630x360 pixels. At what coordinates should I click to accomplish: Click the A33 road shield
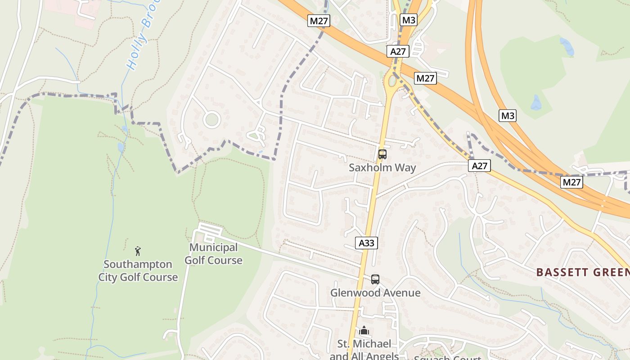tap(367, 243)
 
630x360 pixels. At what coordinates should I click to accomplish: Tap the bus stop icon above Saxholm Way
tap(382, 154)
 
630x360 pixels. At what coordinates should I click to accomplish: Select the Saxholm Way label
tap(382, 168)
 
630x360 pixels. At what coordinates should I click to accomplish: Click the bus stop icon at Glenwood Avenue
tap(375, 279)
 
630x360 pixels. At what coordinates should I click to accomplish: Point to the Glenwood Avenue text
tap(375, 293)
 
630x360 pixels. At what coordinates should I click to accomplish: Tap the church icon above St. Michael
tap(364, 331)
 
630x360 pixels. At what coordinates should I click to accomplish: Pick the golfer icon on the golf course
tap(138, 251)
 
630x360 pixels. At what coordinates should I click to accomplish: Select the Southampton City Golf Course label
tap(138, 270)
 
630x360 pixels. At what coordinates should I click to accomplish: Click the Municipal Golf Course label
tap(213, 254)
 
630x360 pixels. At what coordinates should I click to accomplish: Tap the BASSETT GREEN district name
tap(583, 272)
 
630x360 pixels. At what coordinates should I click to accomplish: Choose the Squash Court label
tap(447, 358)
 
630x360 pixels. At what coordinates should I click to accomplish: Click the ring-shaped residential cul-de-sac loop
tap(211, 120)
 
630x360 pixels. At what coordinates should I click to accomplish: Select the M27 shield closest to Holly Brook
tap(319, 20)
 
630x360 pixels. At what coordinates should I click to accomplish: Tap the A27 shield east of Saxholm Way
tap(479, 166)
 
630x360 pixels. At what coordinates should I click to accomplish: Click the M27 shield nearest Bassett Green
tap(571, 182)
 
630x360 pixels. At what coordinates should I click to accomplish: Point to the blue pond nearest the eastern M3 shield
tap(536, 103)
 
